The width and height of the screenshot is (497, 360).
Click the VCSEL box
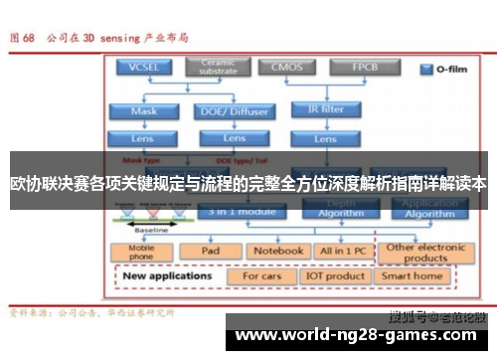(x=142, y=67)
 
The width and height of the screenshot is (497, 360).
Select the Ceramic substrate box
(x=219, y=67)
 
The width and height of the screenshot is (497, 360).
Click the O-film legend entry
(x=440, y=72)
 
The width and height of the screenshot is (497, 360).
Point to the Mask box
(x=142, y=111)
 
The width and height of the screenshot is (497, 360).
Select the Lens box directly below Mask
(x=142, y=137)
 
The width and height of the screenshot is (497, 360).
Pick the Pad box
(x=210, y=251)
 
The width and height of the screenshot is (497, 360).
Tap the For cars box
(x=263, y=275)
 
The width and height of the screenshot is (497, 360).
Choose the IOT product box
(x=336, y=275)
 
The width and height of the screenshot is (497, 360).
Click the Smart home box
(x=413, y=275)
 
